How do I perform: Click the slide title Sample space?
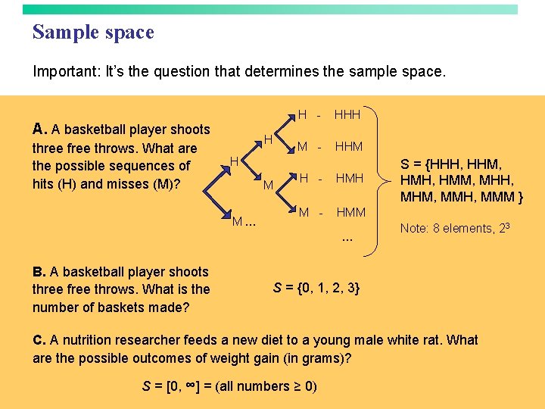93,33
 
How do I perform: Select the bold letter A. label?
40,129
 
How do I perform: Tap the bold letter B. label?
40,271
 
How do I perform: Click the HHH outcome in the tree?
347,115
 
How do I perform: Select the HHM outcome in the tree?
349,146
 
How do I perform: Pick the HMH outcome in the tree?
349,179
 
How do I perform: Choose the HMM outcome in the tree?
350,213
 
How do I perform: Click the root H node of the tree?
235,161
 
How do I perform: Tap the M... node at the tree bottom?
244,222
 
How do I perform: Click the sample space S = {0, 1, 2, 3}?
316,288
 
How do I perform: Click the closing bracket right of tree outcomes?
376,163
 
